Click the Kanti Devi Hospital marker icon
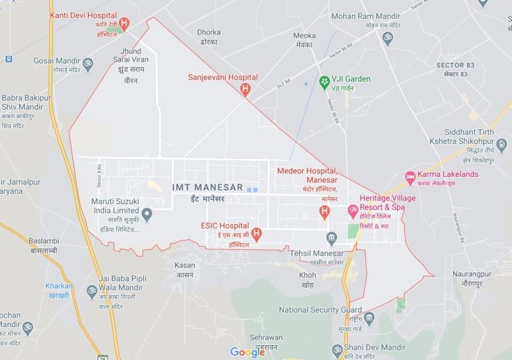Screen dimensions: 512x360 (x=124, y=24)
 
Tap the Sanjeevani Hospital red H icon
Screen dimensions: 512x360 (x=245, y=88)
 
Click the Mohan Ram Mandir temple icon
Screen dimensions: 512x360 (x=388, y=38)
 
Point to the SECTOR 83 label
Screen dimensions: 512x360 (x=455, y=65)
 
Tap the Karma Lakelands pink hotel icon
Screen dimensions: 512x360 (x=409, y=177)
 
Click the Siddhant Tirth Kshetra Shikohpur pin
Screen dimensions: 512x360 (x=501, y=145)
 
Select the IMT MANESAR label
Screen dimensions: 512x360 (x=207, y=187)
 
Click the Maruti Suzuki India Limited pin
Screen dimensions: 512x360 (x=147, y=214)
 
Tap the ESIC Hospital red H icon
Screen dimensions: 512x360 (x=256, y=234)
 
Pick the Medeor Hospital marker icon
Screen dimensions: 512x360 (x=324, y=212)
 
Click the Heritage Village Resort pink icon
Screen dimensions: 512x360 (x=353, y=211)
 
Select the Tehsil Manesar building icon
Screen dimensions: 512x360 (x=331, y=238)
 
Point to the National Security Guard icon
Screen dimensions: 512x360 (x=369, y=317)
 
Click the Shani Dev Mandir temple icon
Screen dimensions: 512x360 (x=337, y=349)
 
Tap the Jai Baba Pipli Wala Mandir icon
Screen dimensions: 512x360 (x=92, y=291)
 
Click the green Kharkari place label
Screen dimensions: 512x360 (x=59, y=286)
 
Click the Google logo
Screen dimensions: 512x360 (x=247, y=352)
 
